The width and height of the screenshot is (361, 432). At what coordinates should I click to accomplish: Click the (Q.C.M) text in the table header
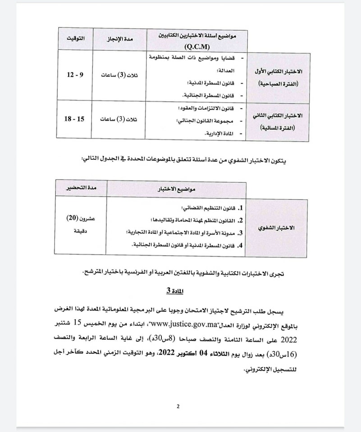click(x=198, y=46)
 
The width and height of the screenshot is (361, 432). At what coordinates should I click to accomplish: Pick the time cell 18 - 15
click(x=74, y=119)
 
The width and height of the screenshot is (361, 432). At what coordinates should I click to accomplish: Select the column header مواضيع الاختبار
click(x=176, y=189)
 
